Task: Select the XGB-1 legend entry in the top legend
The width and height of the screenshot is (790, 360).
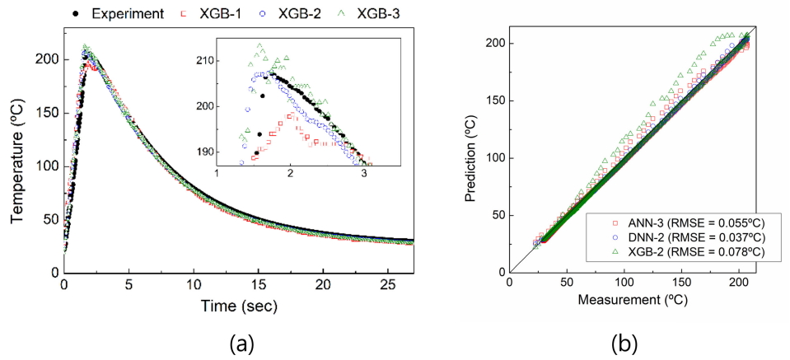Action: [197, 13]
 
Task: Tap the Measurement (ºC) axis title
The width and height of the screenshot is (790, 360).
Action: [633, 301]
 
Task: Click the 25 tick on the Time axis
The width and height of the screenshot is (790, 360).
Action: [388, 284]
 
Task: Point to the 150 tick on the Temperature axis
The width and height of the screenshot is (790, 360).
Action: [48, 113]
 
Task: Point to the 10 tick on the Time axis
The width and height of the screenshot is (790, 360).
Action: [194, 284]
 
